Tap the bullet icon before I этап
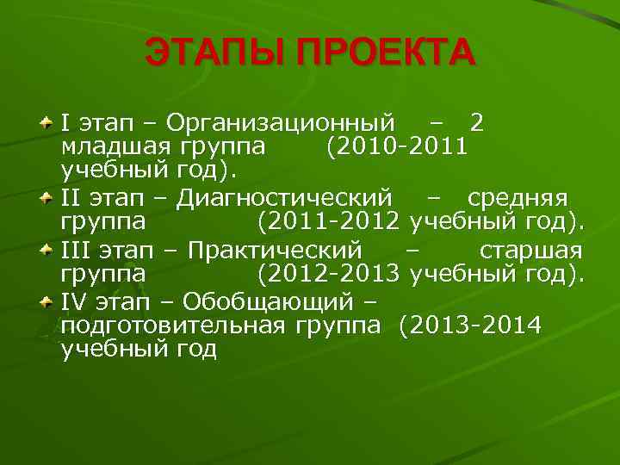pos(48,124)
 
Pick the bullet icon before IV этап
pos(48,302)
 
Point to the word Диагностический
pos(284,199)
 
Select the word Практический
pos(275,251)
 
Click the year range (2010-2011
pos(397,146)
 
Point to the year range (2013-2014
pos(470,325)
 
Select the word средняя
pos(518,199)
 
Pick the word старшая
pos(530,251)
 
